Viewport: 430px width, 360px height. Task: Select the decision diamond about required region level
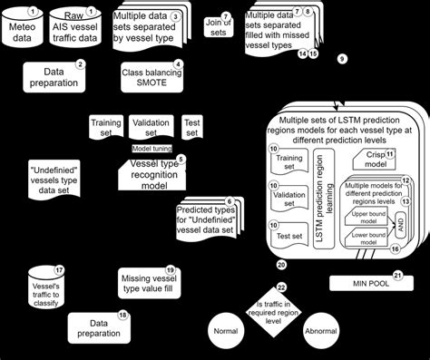280,311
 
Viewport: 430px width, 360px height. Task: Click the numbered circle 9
342,58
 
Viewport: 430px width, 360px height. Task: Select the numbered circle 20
281,264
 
